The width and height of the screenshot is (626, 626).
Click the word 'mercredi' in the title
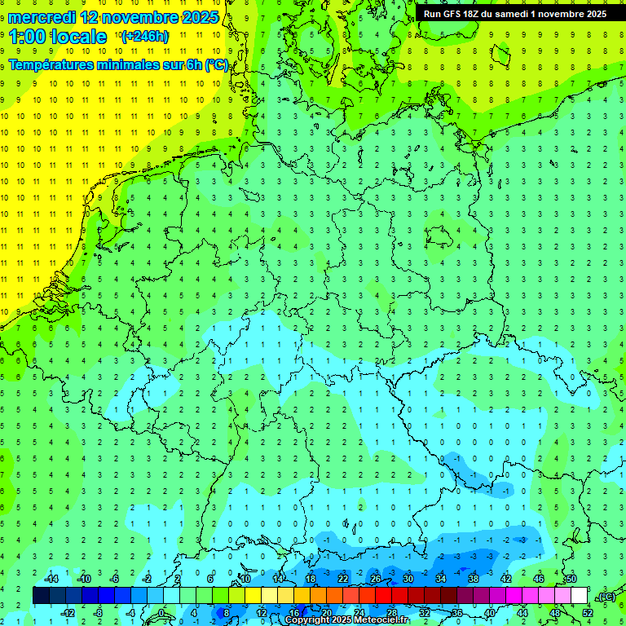click(42, 17)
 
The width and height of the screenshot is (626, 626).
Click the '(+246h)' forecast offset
click(144, 37)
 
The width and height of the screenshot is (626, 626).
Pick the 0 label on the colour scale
click(161, 613)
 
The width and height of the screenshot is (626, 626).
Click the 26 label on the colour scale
click(376, 579)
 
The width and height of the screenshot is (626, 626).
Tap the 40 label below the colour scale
click(490, 613)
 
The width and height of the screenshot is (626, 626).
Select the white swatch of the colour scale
click(580, 595)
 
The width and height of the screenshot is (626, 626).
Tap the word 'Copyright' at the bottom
click(307, 620)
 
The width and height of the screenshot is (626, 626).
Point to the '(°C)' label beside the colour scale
click(606, 597)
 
